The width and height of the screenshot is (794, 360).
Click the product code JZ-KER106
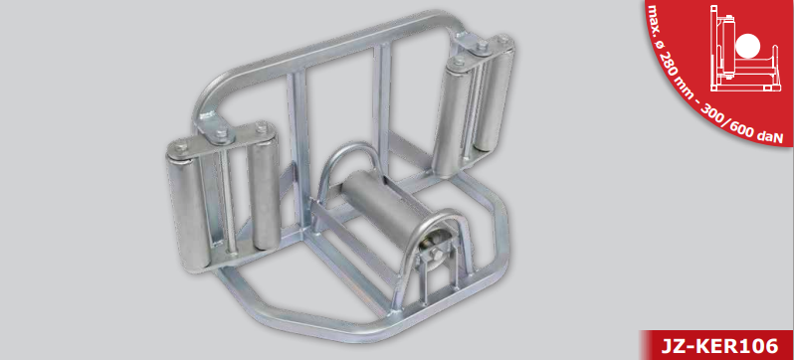click(x=719, y=346)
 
